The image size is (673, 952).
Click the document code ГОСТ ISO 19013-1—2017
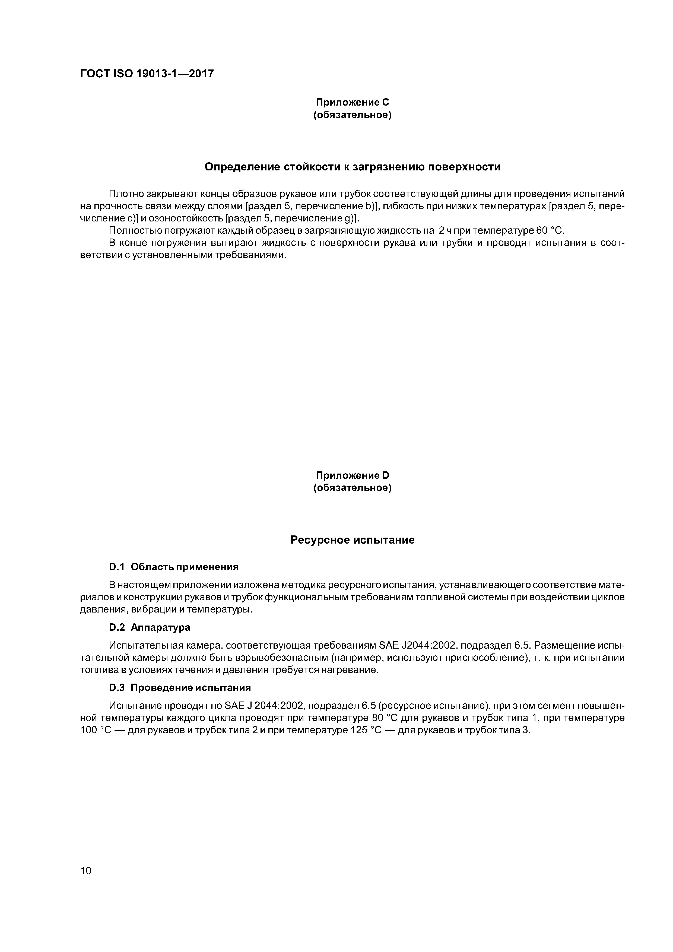[147, 74]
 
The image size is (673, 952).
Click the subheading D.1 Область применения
[173, 567]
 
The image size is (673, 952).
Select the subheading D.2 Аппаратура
[149, 627]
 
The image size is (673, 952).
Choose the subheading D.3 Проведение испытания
[180, 688]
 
